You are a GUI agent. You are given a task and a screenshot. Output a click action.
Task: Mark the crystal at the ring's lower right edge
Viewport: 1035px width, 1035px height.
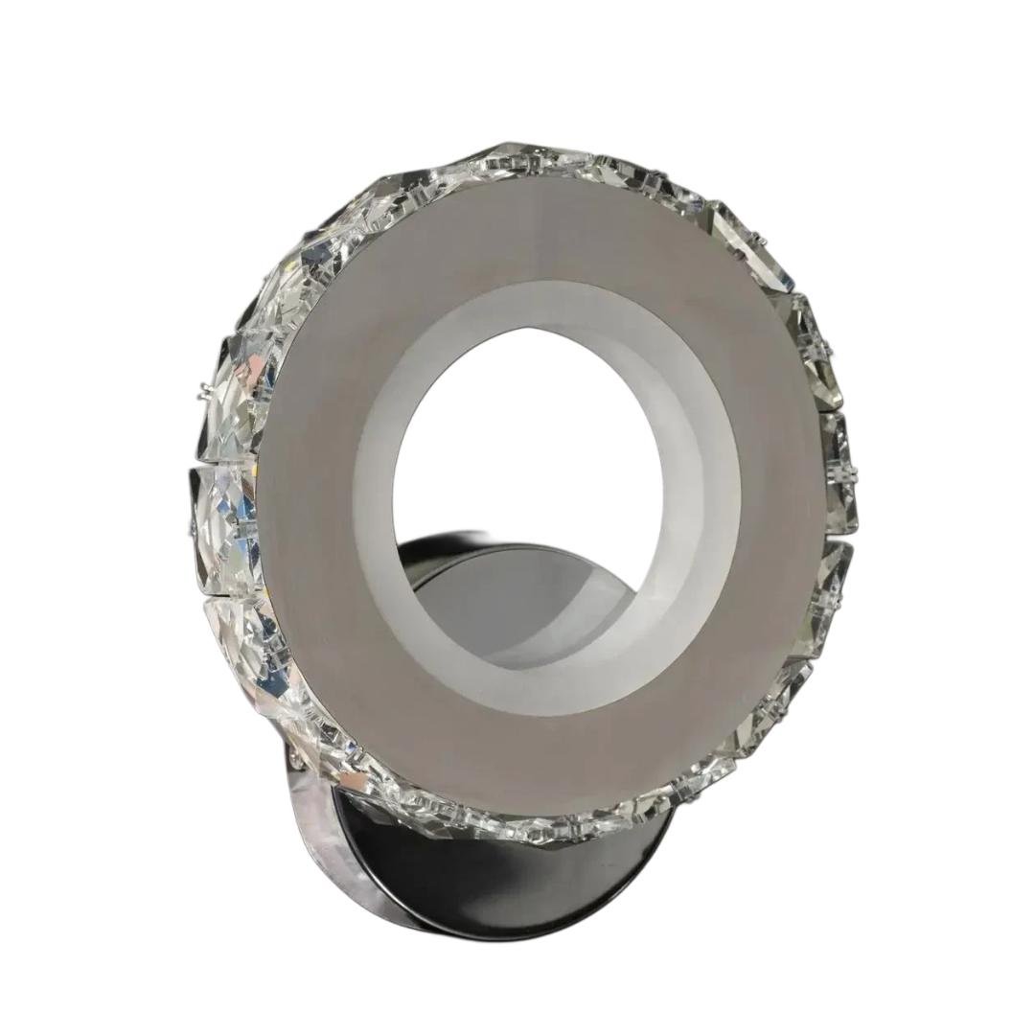pos(767,728)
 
